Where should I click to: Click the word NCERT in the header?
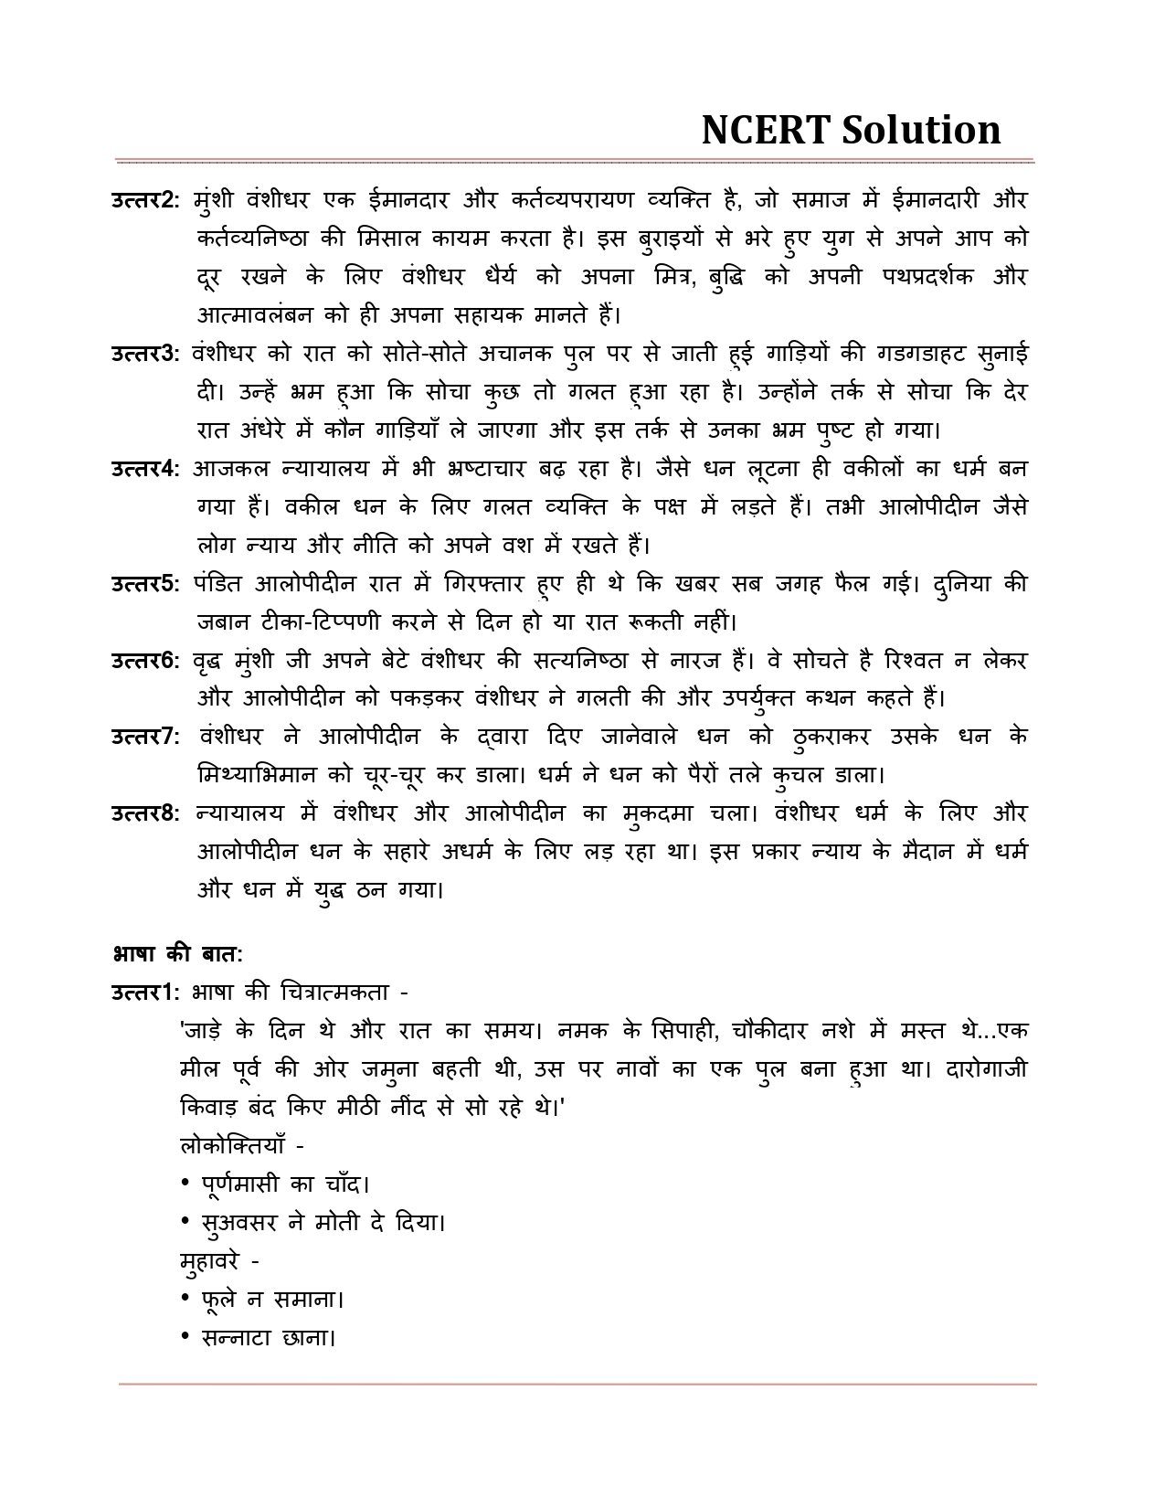(764, 131)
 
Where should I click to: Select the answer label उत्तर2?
(146, 200)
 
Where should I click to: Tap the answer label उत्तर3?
(146, 354)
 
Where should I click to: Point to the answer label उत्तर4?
(146, 469)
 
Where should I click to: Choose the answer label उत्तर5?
(146, 584)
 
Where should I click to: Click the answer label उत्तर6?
(146, 661)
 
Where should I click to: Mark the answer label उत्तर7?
(146, 737)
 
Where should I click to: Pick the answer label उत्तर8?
(146, 813)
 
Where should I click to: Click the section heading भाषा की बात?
(176, 954)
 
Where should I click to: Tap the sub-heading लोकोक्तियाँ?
(235, 1145)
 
